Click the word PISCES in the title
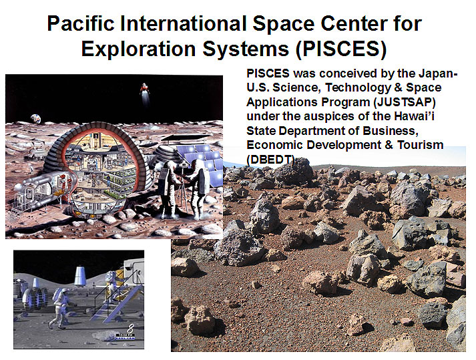(341, 49)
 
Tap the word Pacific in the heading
(81, 23)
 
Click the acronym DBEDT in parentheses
(270, 159)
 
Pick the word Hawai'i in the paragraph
(414, 116)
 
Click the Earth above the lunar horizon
(35, 118)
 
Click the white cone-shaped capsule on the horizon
(80, 276)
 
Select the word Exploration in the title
(138, 49)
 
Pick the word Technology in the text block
(358, 87)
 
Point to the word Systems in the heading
(245, 49)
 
